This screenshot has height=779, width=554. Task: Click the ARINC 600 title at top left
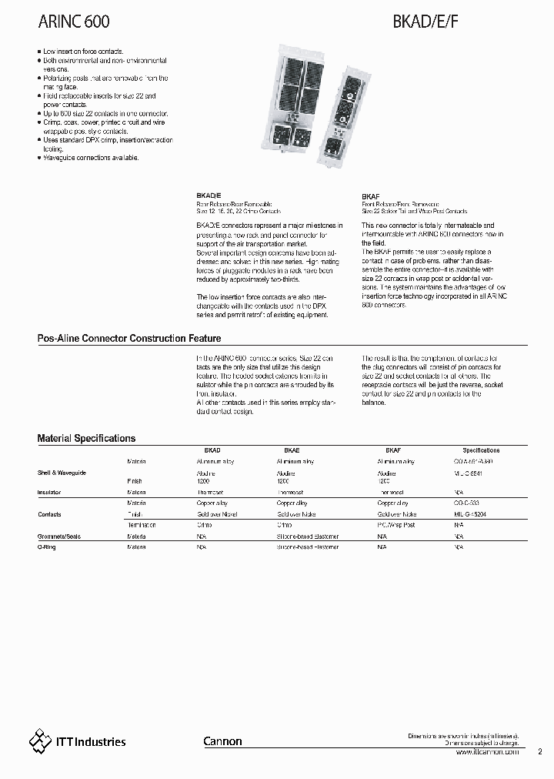(74, 25)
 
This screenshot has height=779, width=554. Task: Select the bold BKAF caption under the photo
(370, 197)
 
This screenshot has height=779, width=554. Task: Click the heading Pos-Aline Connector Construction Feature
(129, 338)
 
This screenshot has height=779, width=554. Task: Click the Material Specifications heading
(86, 438)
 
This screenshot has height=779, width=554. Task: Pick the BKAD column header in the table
(212, 450)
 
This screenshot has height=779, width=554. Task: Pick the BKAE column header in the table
(292, 450)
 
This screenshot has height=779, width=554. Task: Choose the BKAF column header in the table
(392, 450)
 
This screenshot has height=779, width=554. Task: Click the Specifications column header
(481, 450)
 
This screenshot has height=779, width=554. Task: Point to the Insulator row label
(49, 491)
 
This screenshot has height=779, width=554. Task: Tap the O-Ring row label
(48, 547)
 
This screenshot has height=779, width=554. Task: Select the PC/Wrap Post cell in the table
(395, 525)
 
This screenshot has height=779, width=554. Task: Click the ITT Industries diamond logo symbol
(38, 741)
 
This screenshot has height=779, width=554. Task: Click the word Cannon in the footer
(222, 741)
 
